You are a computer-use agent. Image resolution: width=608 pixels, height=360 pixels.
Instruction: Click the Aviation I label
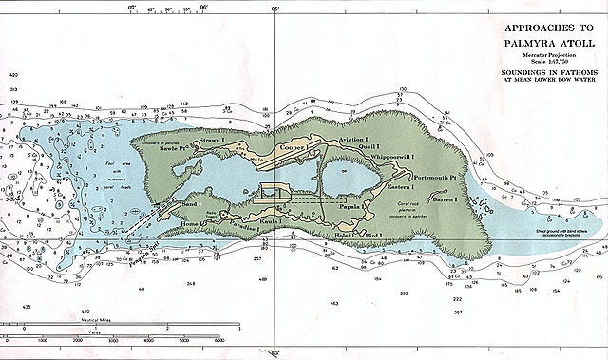pyautogui.click(x=351, y=140)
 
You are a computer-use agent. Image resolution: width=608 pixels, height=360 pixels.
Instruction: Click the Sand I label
pyautogui.click(x=191, y=204)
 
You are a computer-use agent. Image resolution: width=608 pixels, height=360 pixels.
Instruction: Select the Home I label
pyautogui.click(x=193, y=224)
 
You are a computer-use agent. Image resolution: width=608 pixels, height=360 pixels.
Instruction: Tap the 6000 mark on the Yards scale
pyautogui.click(x=219, y=339)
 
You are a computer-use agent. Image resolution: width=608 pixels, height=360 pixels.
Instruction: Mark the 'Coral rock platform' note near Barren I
pyautogui.click(x=415, y=215)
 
